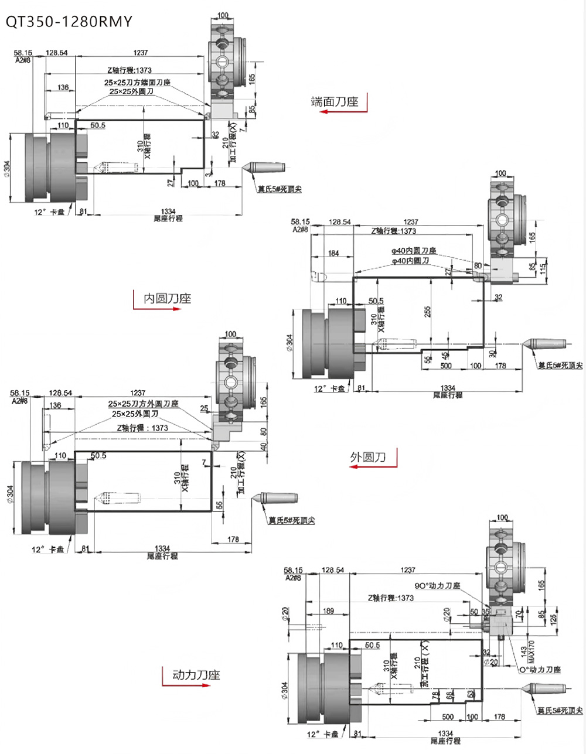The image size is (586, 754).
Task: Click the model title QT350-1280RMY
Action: coord(69,22)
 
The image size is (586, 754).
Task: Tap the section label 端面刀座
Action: coord(334,101)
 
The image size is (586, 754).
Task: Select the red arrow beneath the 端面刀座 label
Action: coord(343,111)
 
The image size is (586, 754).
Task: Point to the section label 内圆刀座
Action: coord(168,298)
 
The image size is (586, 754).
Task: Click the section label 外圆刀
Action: coord(368,457)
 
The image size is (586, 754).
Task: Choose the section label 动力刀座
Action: coord(196,675)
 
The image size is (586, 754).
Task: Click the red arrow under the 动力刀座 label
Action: coord(186,685)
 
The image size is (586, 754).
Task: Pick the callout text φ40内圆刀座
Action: coord(414,251)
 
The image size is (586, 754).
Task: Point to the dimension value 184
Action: coord(333,253)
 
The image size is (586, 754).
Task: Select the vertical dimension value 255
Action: coord(428,310)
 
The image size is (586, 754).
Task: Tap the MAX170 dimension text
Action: coord(532,651)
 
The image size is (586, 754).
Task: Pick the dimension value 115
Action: coord(542,269)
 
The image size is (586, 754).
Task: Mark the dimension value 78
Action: coord(434,695)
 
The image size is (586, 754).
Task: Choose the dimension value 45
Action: coord(445,355)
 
